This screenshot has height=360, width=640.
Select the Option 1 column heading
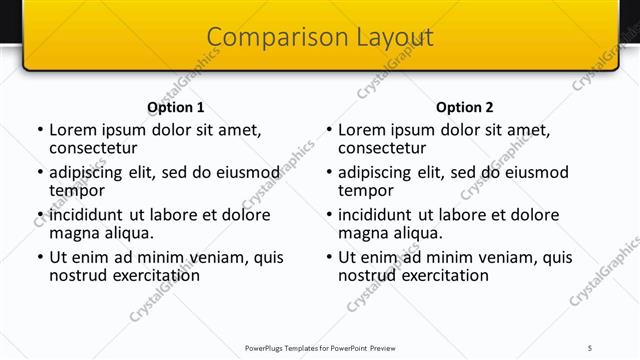pos(176,107)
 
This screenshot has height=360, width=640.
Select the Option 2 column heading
pos(465,107)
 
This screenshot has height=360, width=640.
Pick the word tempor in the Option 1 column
pos(77,190)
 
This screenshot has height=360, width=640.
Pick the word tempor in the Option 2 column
pos(366,190)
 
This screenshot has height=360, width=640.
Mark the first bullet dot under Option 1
pos(39,130)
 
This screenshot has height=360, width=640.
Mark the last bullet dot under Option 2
pos(328,257)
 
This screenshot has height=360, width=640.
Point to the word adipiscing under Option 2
pos(379,172)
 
